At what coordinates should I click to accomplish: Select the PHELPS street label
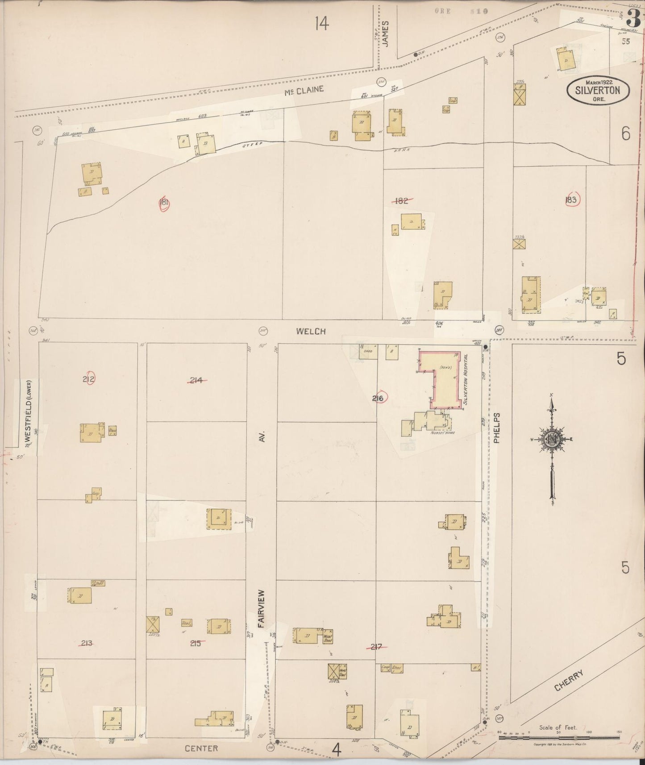click(x=498, y=428)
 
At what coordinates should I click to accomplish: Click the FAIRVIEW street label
click(x=262, y=610)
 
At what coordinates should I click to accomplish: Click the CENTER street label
click(x=202, y=748)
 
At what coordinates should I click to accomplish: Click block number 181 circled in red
click(x=164, y=203)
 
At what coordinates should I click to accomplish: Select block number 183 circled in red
click(x=571, y=200)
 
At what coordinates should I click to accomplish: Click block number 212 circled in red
click(x=89, y=379)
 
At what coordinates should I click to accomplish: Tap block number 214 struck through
click(x=196, y=380)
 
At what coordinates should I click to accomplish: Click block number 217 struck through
click(x=376, y=646)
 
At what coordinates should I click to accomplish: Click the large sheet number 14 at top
click(x=321, y=23)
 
